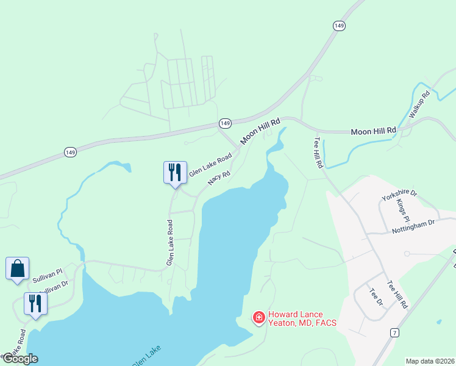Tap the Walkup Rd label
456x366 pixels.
click(419, 105)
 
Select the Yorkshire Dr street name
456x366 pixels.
click(399, 196)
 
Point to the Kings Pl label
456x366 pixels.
click(403, 210)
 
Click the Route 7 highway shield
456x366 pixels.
click(395, 332)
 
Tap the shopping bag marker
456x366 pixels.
click(17, 269)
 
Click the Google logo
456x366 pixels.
click(20, 358)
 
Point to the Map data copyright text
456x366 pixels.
click(430, 361)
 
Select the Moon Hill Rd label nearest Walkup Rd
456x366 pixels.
click(374, 131)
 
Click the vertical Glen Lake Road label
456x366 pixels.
click(171, 243)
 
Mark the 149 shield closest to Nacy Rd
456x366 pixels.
click(225, 123)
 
